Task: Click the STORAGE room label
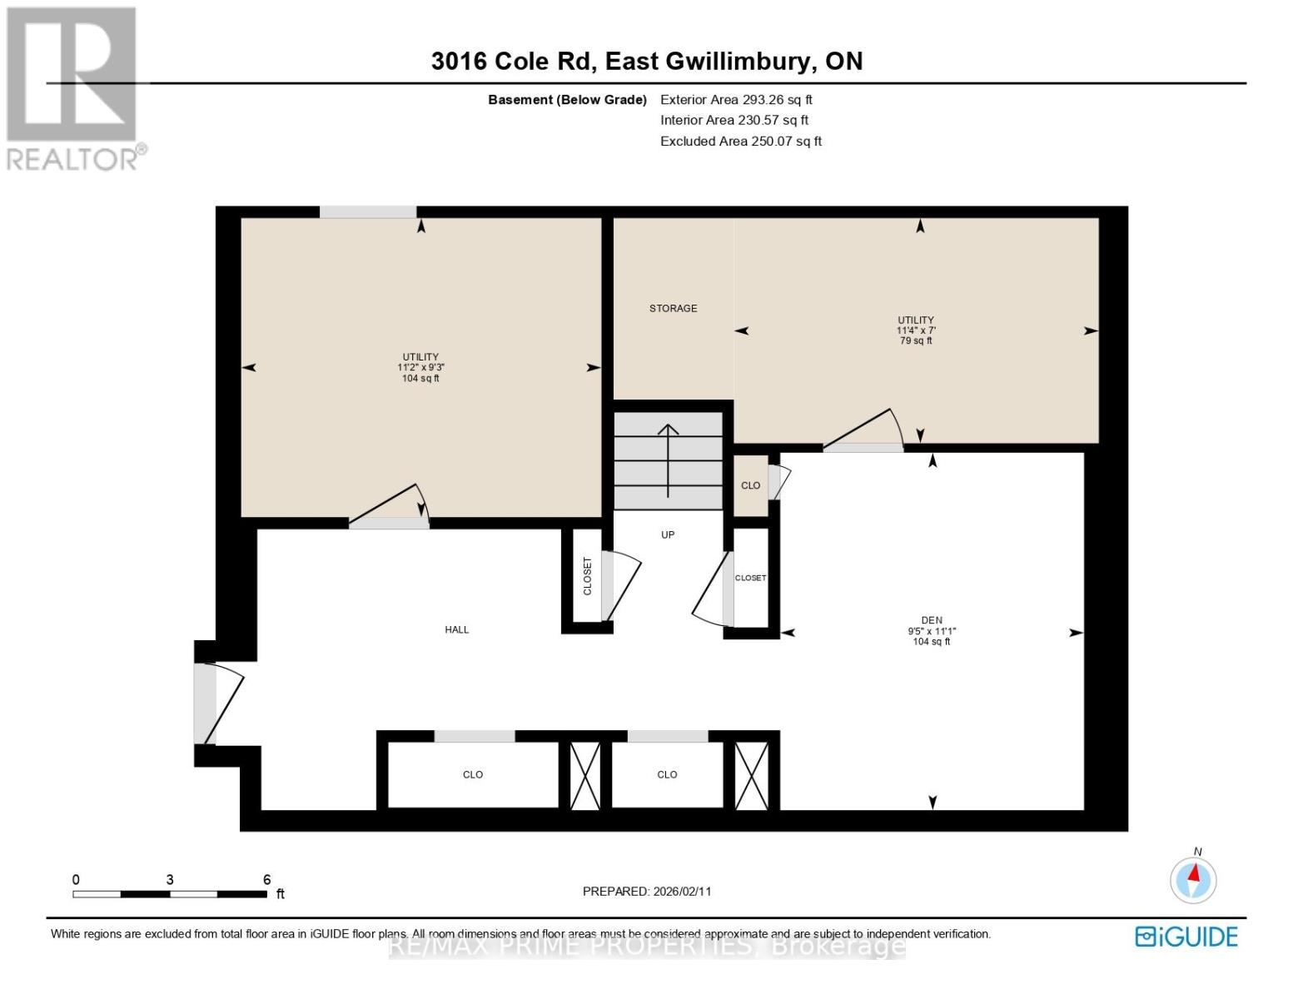click(x=673, y=308)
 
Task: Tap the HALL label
click(x=456, y=629)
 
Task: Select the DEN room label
click(x=932, y=620)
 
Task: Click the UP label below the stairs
click(x=668, y=534)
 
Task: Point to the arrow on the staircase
click(x=668, y=458)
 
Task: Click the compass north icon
click(x=1193, y=879)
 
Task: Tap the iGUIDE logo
click(x=1186, y=937)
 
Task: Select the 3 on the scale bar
click(x=170, y=880)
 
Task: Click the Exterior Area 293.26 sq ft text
click(x=736, y=99)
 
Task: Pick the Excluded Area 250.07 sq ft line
click(x=741, y=142)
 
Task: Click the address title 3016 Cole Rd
click(x=646, y=61)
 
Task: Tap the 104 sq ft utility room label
click(x=420, y=367)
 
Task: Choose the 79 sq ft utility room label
click(x=916, y=331)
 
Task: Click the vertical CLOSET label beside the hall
click(x=587, y=576)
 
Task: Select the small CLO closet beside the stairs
click(x=750, y=485)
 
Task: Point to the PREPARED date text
click(x=647, y=891)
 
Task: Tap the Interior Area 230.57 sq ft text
click(x=734, y=120)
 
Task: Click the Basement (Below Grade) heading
click(x=567, y=100)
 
